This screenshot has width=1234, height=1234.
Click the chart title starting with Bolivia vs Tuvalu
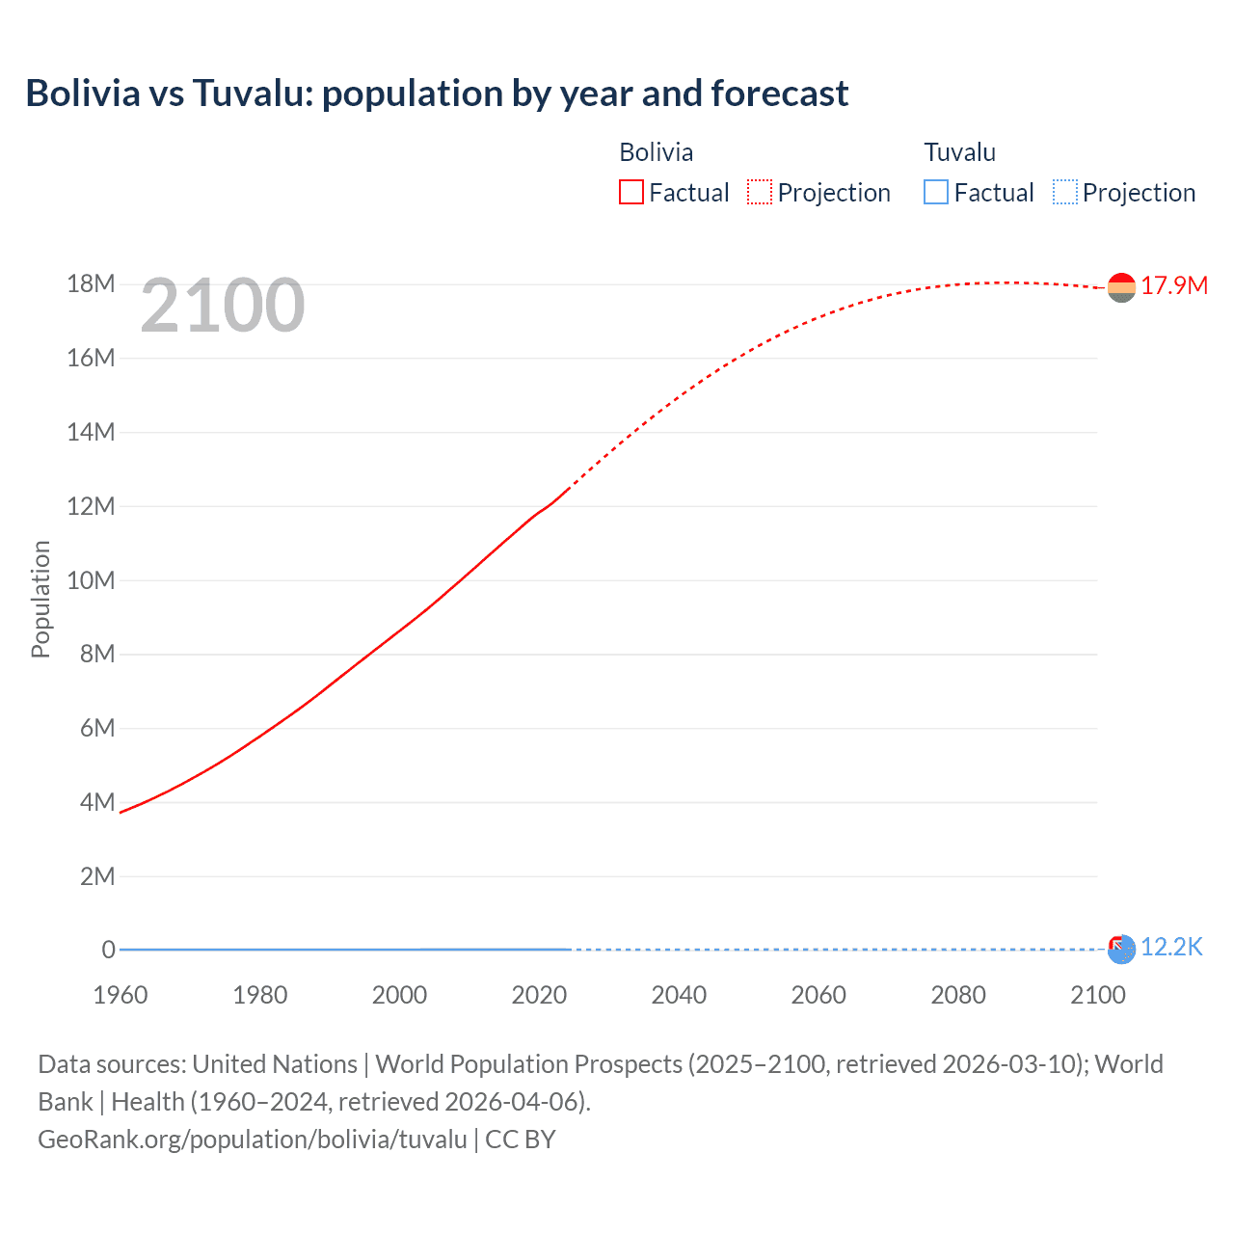tap(437, 94)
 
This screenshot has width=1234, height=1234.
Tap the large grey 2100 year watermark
tap(223, 306)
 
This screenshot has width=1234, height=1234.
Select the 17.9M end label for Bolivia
tap(1173, 285)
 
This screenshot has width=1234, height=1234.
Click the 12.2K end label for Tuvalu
tap(1170, 947)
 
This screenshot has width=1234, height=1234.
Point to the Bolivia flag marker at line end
tap(1121, 287)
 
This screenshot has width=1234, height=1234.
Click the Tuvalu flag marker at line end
tap(1121, 950)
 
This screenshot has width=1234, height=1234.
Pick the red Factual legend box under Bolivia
tap(630, 192)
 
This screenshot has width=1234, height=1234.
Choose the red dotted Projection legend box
tap(760, 192)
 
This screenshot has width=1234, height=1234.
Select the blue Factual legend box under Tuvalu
tap(935, 192)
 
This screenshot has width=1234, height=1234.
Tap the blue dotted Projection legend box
tap(1064, 192)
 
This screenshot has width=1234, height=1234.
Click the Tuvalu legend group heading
tap(959, 152)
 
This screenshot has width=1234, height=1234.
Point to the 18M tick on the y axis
tap(91, 284)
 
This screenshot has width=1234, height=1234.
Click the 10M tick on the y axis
tap(91, 580)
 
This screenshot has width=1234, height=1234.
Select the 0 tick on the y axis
tap(108, 950)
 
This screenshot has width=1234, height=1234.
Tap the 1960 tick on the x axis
tap(121, 995)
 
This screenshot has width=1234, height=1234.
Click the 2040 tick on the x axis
tap(679, 995)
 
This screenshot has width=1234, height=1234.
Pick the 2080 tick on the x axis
tap(958, 995)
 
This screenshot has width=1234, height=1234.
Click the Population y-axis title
tap(40, 599)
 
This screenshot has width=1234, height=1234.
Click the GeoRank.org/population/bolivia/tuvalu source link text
tap(253, 1139)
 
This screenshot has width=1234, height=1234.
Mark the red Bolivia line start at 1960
tap(121, 812)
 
